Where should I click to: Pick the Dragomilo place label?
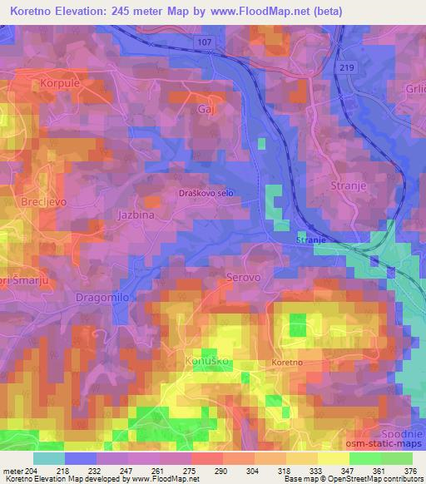[x=102, y=296]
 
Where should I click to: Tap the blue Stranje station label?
[x=312, y=240]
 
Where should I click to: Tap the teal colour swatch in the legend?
[x=49, y=458]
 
